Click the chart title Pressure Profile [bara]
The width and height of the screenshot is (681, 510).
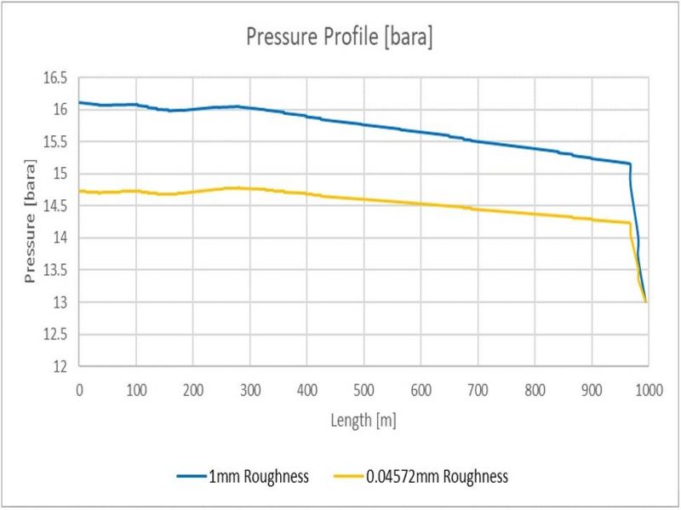(x=339, y=37)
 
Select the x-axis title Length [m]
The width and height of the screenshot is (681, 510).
(x=363, y=420)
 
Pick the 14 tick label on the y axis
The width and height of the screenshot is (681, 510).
(x=60, y=238)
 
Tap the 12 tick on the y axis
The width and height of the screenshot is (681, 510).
(x=60, y=367)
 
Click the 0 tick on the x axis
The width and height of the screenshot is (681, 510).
(x=79, y=387)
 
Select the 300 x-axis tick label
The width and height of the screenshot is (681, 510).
(x=249, y=387)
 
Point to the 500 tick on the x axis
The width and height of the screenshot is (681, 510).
(x=363, y=387)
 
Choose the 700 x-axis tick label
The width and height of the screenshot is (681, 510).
(x=478, y=387)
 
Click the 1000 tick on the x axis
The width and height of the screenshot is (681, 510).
(x=648, y=387)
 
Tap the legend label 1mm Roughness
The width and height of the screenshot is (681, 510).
(x=258, y=477)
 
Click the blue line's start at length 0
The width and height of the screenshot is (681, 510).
(x=79, y=102)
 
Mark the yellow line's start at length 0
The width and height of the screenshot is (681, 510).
(x=79, y=191)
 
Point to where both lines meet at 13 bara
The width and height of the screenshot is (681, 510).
(x=647, y=302)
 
